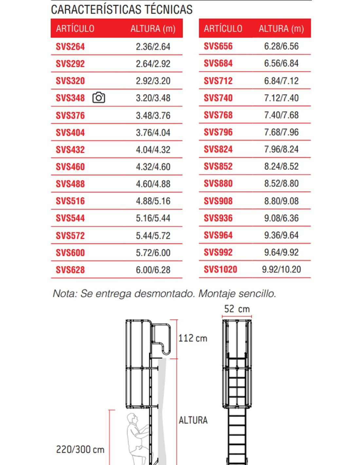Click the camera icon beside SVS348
click(99, 98)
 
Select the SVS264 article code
click(70, 47)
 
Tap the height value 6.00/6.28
click(153, 270)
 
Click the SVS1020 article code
click(220, 269)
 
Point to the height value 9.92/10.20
click(281, 269)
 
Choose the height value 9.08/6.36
click(281, 218)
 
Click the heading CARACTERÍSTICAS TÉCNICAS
click(122, 10)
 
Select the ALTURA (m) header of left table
click(153, 29)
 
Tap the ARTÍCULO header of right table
click(223, 29)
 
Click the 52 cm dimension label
click(237, 309)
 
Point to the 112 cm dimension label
click(193, 338)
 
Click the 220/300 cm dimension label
click(80, 450)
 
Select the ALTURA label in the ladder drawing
click(193, 420)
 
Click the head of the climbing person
click(132, 418)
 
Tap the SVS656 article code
click(218, 46)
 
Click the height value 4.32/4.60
click(153, 167)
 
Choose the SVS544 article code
click(70, 218)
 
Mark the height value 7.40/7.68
click(281, 115)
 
